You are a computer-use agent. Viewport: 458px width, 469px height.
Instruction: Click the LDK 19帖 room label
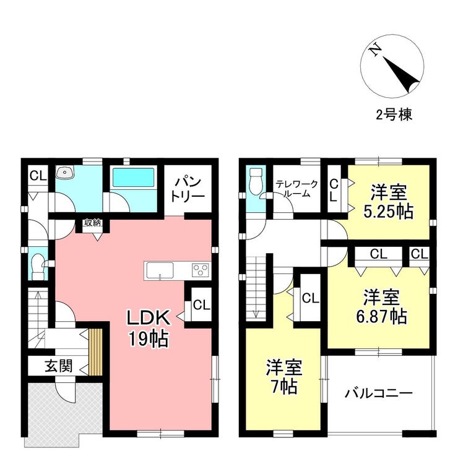[x=149, y=328]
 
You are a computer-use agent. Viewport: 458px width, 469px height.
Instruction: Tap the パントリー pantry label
[x=188, y=189]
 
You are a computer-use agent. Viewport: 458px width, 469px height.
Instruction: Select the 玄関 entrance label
[x=59, y=366]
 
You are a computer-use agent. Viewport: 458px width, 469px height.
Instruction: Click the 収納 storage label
[x=93, y=223]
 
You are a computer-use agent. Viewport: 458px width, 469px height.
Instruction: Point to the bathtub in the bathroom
[x=133, y=177]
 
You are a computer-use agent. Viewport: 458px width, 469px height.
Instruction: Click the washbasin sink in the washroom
[x=64, y=172]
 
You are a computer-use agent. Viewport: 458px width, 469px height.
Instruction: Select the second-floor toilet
[x=256, y=180]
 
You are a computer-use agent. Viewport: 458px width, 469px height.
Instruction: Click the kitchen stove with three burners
[x=201, y=270]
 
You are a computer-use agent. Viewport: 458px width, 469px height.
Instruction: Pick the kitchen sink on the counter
[x=160, y=270]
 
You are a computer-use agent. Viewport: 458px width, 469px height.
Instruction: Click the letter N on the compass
[x=374, y=51]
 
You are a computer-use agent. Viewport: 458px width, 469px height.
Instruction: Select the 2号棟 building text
[x=394, y=114]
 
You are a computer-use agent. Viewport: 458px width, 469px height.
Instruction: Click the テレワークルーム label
[x=296, y=189]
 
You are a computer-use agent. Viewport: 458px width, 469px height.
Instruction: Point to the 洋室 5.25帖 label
[x=389, y=202]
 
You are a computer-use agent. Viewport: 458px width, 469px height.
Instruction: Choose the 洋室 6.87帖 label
[x=381, y=306]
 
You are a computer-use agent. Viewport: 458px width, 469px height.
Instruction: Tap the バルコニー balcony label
[x=379, y=393]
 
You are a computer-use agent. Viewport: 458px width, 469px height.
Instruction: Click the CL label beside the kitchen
[x=202, y=305]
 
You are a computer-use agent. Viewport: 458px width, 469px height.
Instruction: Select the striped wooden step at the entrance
[x=96, y=352]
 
